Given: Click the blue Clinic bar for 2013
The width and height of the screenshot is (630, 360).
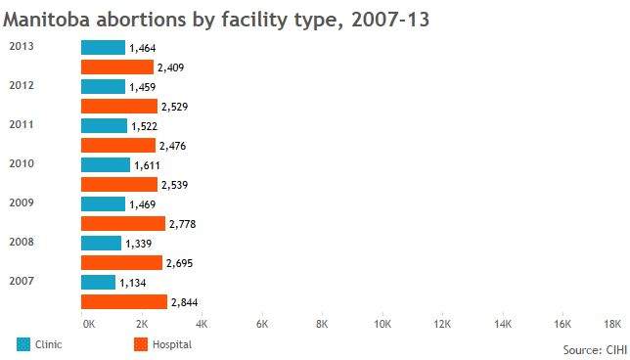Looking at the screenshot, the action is pyautogui.click(x=103, y=47).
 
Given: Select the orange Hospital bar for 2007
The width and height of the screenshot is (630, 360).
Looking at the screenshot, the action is pyautogui.click(x=124, y=301).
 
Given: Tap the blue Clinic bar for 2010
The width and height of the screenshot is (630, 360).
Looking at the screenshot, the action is pyautogui.click(x=106, y=164).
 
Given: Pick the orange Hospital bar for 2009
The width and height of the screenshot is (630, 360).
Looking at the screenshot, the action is pyautogui.click(x=123, y=223).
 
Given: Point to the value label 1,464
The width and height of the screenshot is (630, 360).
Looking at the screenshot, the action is pyautogui.click(x=143, y=48).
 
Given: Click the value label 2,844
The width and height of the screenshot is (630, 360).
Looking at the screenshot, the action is pyautogui.click(x=185, y=302).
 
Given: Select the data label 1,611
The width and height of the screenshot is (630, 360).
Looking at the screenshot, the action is pyautogui.click(x=147, y=165).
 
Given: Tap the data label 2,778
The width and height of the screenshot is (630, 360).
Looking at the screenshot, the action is pyautogui.click(x=182, y=224).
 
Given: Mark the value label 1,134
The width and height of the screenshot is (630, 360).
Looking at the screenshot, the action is pyautogui.click(x=133, y=283).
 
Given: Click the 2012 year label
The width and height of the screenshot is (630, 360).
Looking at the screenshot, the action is pyautogui.click(x=22, y=85).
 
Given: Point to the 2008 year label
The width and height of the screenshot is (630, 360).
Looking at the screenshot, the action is pyautogui.click(x=22, y=242).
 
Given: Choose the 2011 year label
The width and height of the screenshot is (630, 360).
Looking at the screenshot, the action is pyautogui.click(x=22, y=124).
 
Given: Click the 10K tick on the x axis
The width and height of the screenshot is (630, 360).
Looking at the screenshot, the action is pyautogui.click(x=382, y=324).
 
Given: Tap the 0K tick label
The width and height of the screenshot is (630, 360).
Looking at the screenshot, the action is pyautogui.click(x=89, y=324).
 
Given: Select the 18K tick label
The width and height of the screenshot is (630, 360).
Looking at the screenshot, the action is pyautogui.click(x=612, y=324).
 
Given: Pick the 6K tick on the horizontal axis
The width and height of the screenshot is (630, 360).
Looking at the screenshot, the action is pyautogui.click(x=262, y=324).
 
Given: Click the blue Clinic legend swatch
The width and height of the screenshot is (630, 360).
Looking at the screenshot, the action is pyautogui.click(x=23, y=344).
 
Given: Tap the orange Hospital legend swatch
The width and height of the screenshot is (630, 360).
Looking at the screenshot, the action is pyautogui.click(x=141, y=344).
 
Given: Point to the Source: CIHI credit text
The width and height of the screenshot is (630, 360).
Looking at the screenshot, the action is pyautogui.click(x=595, y=350).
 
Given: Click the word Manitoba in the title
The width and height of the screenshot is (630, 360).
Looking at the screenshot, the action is pyautogui.click(x=46, y=20).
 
